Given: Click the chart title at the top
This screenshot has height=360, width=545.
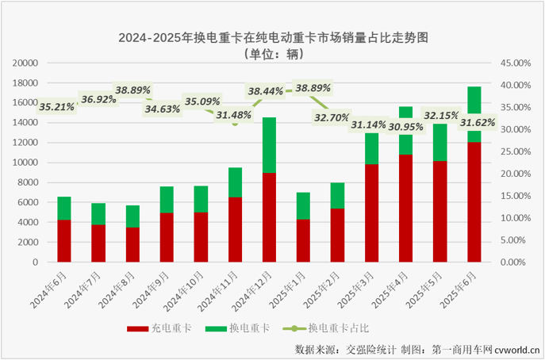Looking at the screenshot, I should pyautogui.click(x=272, y=36).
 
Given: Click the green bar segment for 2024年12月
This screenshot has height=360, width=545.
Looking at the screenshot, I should pyautogui.click(x=269, y=145).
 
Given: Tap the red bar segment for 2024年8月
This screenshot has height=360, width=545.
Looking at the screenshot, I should pyautogui.click(x=132, y=244).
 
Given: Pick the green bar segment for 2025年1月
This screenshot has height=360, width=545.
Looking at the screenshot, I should pyautogui.click(x=303, y=205).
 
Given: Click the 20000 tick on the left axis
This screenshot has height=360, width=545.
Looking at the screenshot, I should pyautogui.click(x=27, y=63).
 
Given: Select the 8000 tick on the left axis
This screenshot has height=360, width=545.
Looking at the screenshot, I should pyautogui.click(x=29, y=182).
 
